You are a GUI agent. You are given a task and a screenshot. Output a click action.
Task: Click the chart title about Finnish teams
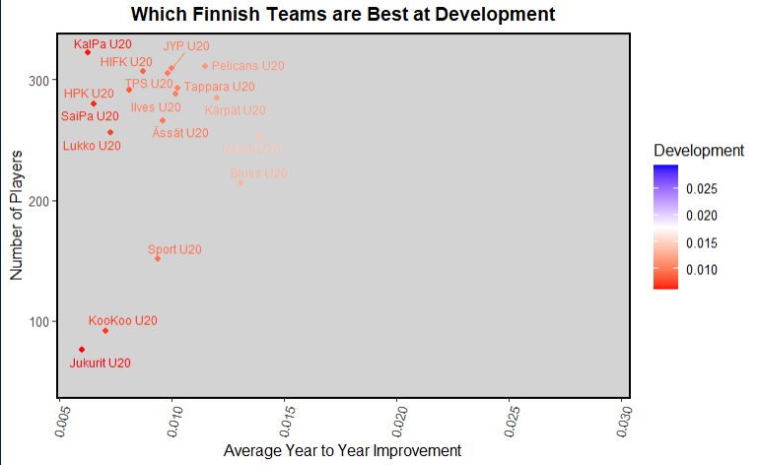342,14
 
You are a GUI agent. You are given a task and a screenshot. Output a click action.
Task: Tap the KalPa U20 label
103,44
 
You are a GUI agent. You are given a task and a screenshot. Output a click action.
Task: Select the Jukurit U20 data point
82,350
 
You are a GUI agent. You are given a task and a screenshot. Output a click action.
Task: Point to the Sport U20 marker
158,258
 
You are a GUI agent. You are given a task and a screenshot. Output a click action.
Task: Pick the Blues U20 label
258,173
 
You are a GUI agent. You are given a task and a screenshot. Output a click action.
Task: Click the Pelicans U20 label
247,66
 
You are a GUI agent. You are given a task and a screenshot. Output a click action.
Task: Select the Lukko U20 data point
110,132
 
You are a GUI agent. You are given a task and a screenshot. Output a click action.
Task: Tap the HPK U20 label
89,95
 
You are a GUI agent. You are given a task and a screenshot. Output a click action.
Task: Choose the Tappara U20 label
220,87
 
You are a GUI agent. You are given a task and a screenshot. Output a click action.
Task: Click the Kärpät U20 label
235,110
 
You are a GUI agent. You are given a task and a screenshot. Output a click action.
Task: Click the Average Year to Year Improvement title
342,451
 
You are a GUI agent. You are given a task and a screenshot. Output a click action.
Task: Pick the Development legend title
698,151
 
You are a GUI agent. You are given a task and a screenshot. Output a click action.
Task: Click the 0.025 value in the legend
711,188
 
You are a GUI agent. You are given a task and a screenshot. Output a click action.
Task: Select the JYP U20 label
186,46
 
